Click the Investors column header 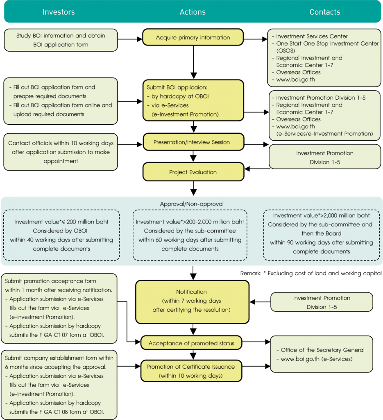pyautogui.click(x=59, y=12)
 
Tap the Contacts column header pyautogui.click(x=325, y=12)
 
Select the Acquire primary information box pyautogui.click(x=193, y=37)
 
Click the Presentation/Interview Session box pyautogui.click(x=193, y=142)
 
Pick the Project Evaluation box pyautogui.click(x=193, y=172)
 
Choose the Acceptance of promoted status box pyautogui.click(x=191, y=343)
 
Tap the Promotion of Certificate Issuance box pyautogui.click(x=191, y=371)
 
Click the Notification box pyautogui.click(x=192, y=302)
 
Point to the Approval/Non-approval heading pyautogui.click(x=192, y=204)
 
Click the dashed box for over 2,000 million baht pyautogui.click(x=322, y=235)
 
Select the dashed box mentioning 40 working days pyautogui.click(x=61, y=235)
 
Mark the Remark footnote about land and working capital pyautogui.click(x=311, y=273)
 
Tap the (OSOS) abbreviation pyautogui.click(x=286, y=50)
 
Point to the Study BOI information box pyautogui.click(x=61, y=40)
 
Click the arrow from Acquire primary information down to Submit pyautogui.click(x=193, y=62)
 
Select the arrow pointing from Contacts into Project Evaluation pyautogui.click(x=257, y=169)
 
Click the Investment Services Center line pyautogui.click(x=310, y=36)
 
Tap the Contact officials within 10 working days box pyautogui.click(x=61, y=152)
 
